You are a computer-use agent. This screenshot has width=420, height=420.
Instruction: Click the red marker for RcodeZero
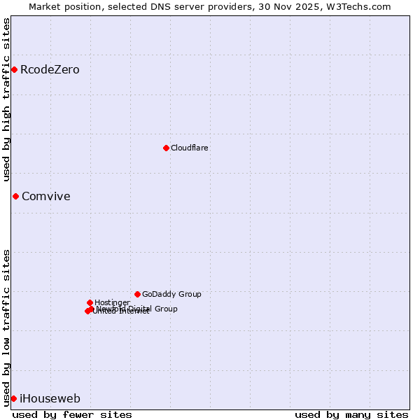click(14, 69)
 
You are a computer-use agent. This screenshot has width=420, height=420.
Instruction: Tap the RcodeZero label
click(50, 70)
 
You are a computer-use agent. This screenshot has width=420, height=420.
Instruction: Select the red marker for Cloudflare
click(166, 148)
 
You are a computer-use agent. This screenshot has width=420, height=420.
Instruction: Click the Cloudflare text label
click(189, 148)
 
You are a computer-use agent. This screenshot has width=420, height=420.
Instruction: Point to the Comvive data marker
click(15, 196)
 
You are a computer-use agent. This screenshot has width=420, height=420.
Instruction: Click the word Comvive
click(46, 197)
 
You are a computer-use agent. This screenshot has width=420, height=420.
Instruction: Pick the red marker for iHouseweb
click(13, 398)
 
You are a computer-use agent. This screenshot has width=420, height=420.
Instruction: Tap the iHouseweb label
click(50, 399)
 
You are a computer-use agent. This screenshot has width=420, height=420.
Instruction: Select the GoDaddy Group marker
click(137, 294)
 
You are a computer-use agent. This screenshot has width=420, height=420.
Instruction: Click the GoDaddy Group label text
click(171, 295)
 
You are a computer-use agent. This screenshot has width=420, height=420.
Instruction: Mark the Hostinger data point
click(90, 302)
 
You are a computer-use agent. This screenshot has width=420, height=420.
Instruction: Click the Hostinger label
click(112, 303)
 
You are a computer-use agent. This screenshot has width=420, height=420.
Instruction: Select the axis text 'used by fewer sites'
click(72, 414)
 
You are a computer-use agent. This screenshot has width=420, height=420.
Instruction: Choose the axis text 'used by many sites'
click(351, 414)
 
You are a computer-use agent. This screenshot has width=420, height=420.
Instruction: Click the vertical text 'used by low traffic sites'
click(7, 327)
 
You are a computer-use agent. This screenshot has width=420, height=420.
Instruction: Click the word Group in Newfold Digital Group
click(164, 309)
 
